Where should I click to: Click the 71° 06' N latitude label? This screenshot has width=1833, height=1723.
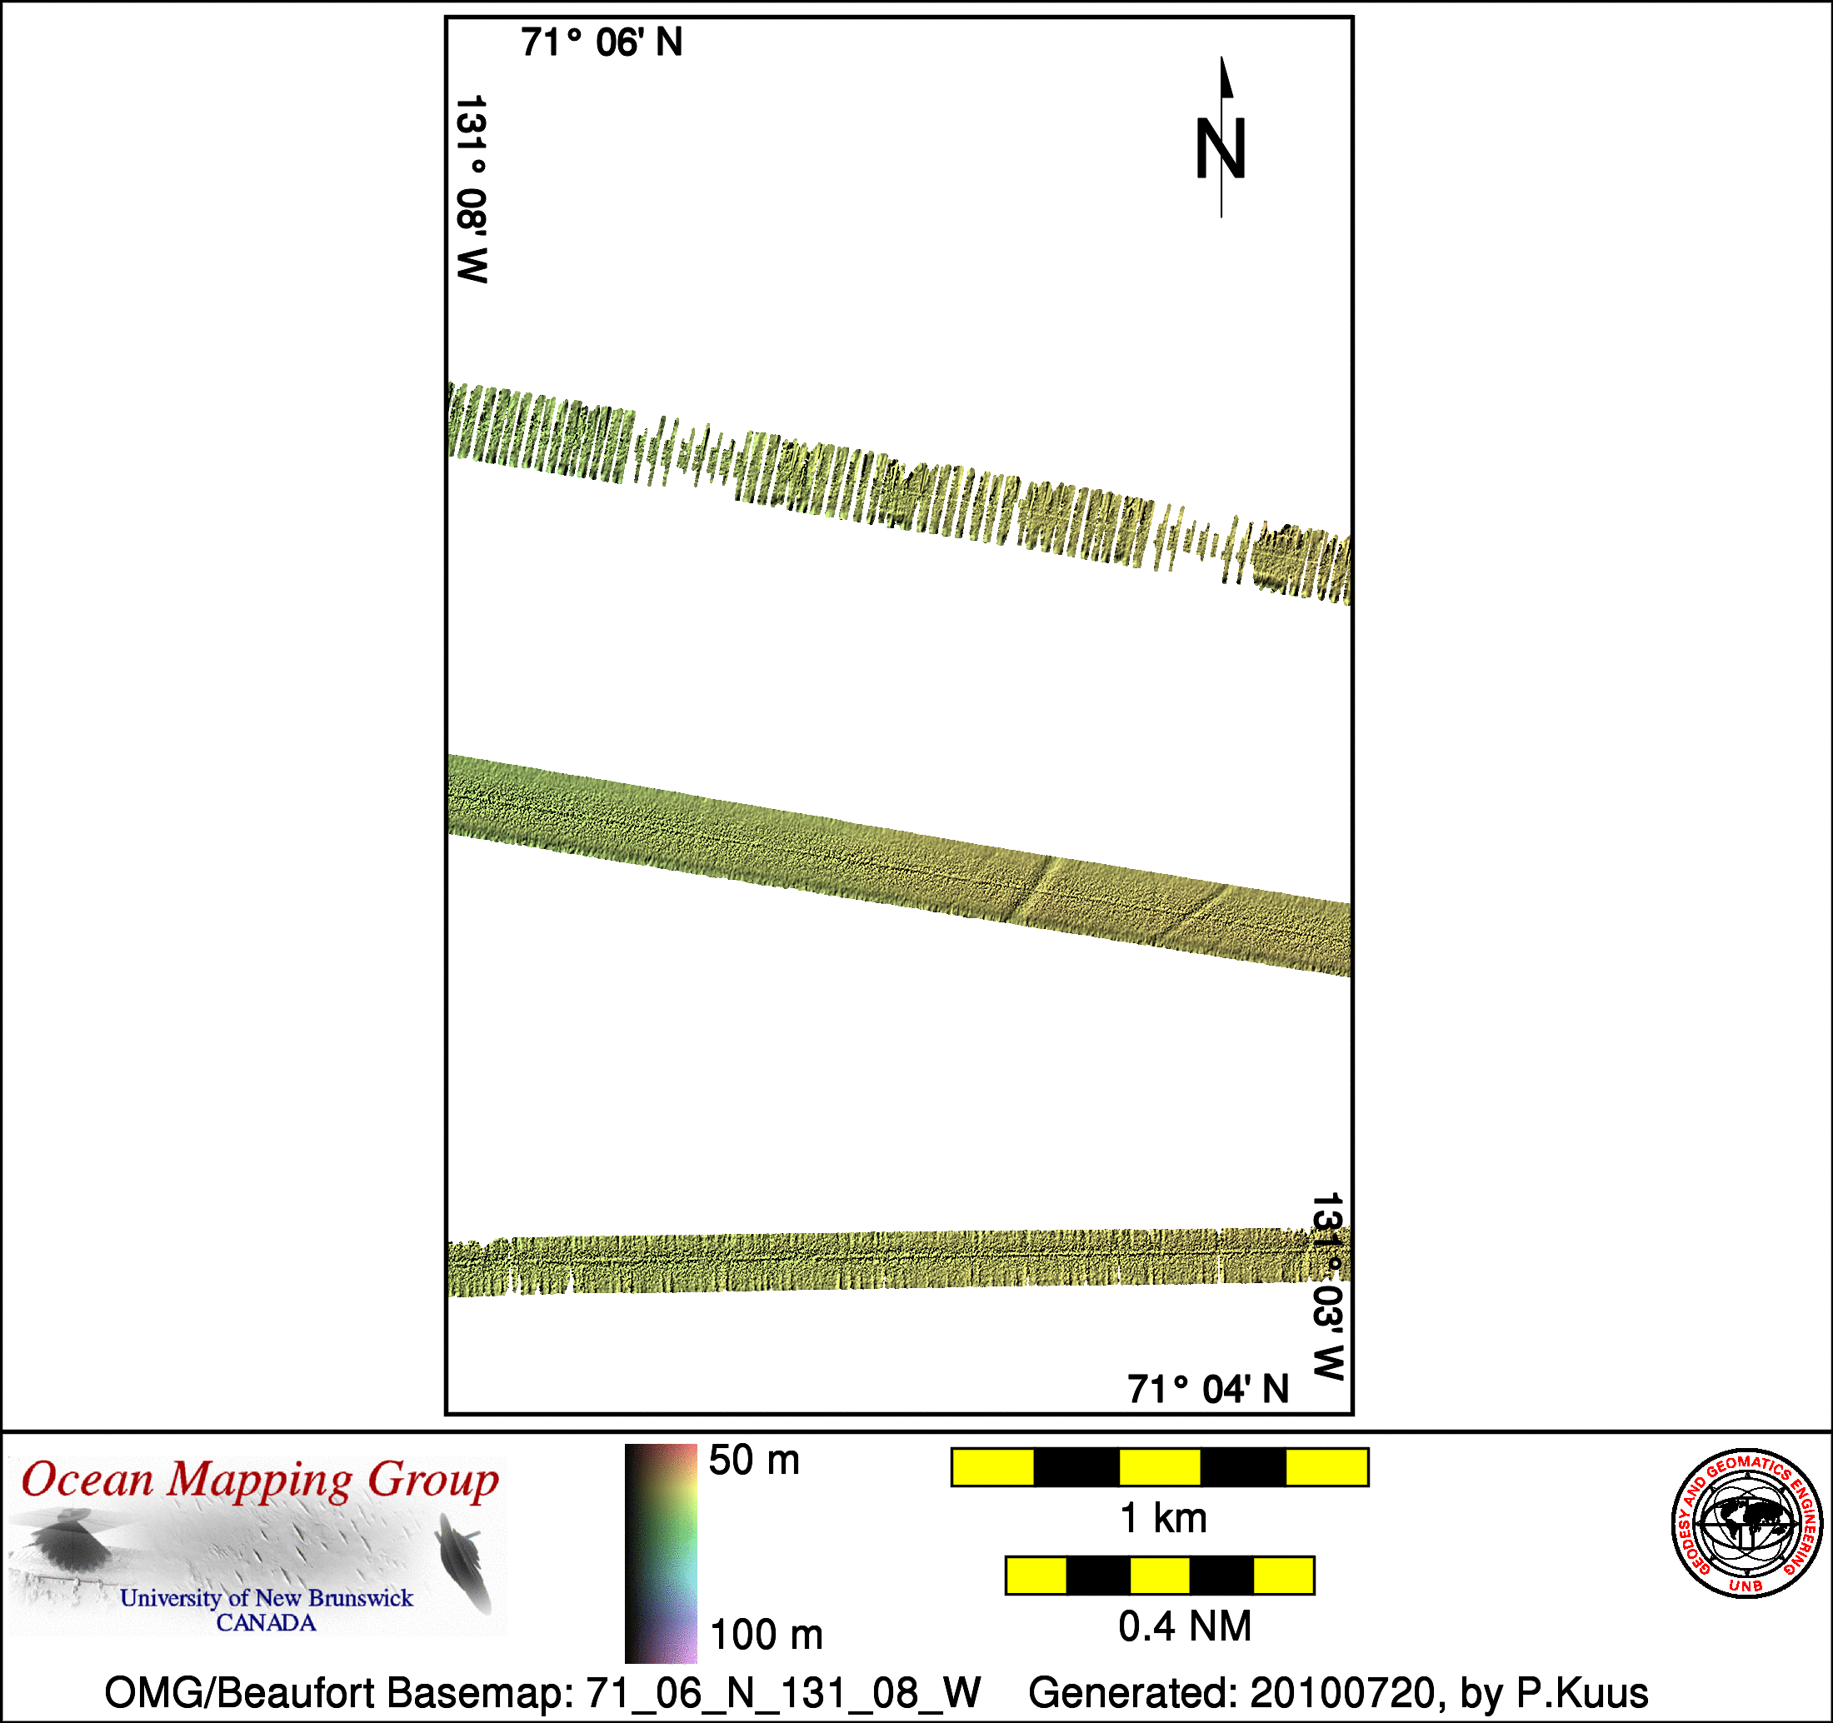pyautogui.click(x=602, y=42)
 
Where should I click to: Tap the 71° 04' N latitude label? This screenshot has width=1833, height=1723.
pyautogui.click(x=1208, y=1389)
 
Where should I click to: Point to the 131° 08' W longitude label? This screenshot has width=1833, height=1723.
pyautogui.click(x=472, y=189)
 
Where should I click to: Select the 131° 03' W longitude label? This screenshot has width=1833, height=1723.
pyautogui.click(x=1328, y=1287)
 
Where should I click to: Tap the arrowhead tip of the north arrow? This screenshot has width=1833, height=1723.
pyautogui.click(x=1221, y=57)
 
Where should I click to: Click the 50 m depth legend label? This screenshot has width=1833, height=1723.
pyautogui.click(x=754, y=1461)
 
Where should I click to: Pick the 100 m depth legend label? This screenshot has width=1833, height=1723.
pyautogui.click(x=767, y=1635)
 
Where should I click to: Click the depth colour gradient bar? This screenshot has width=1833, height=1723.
pyautogui.click(x=661, y=1553)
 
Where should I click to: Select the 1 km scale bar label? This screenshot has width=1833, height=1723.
pyautogui.click(x=1162, y=1517)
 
